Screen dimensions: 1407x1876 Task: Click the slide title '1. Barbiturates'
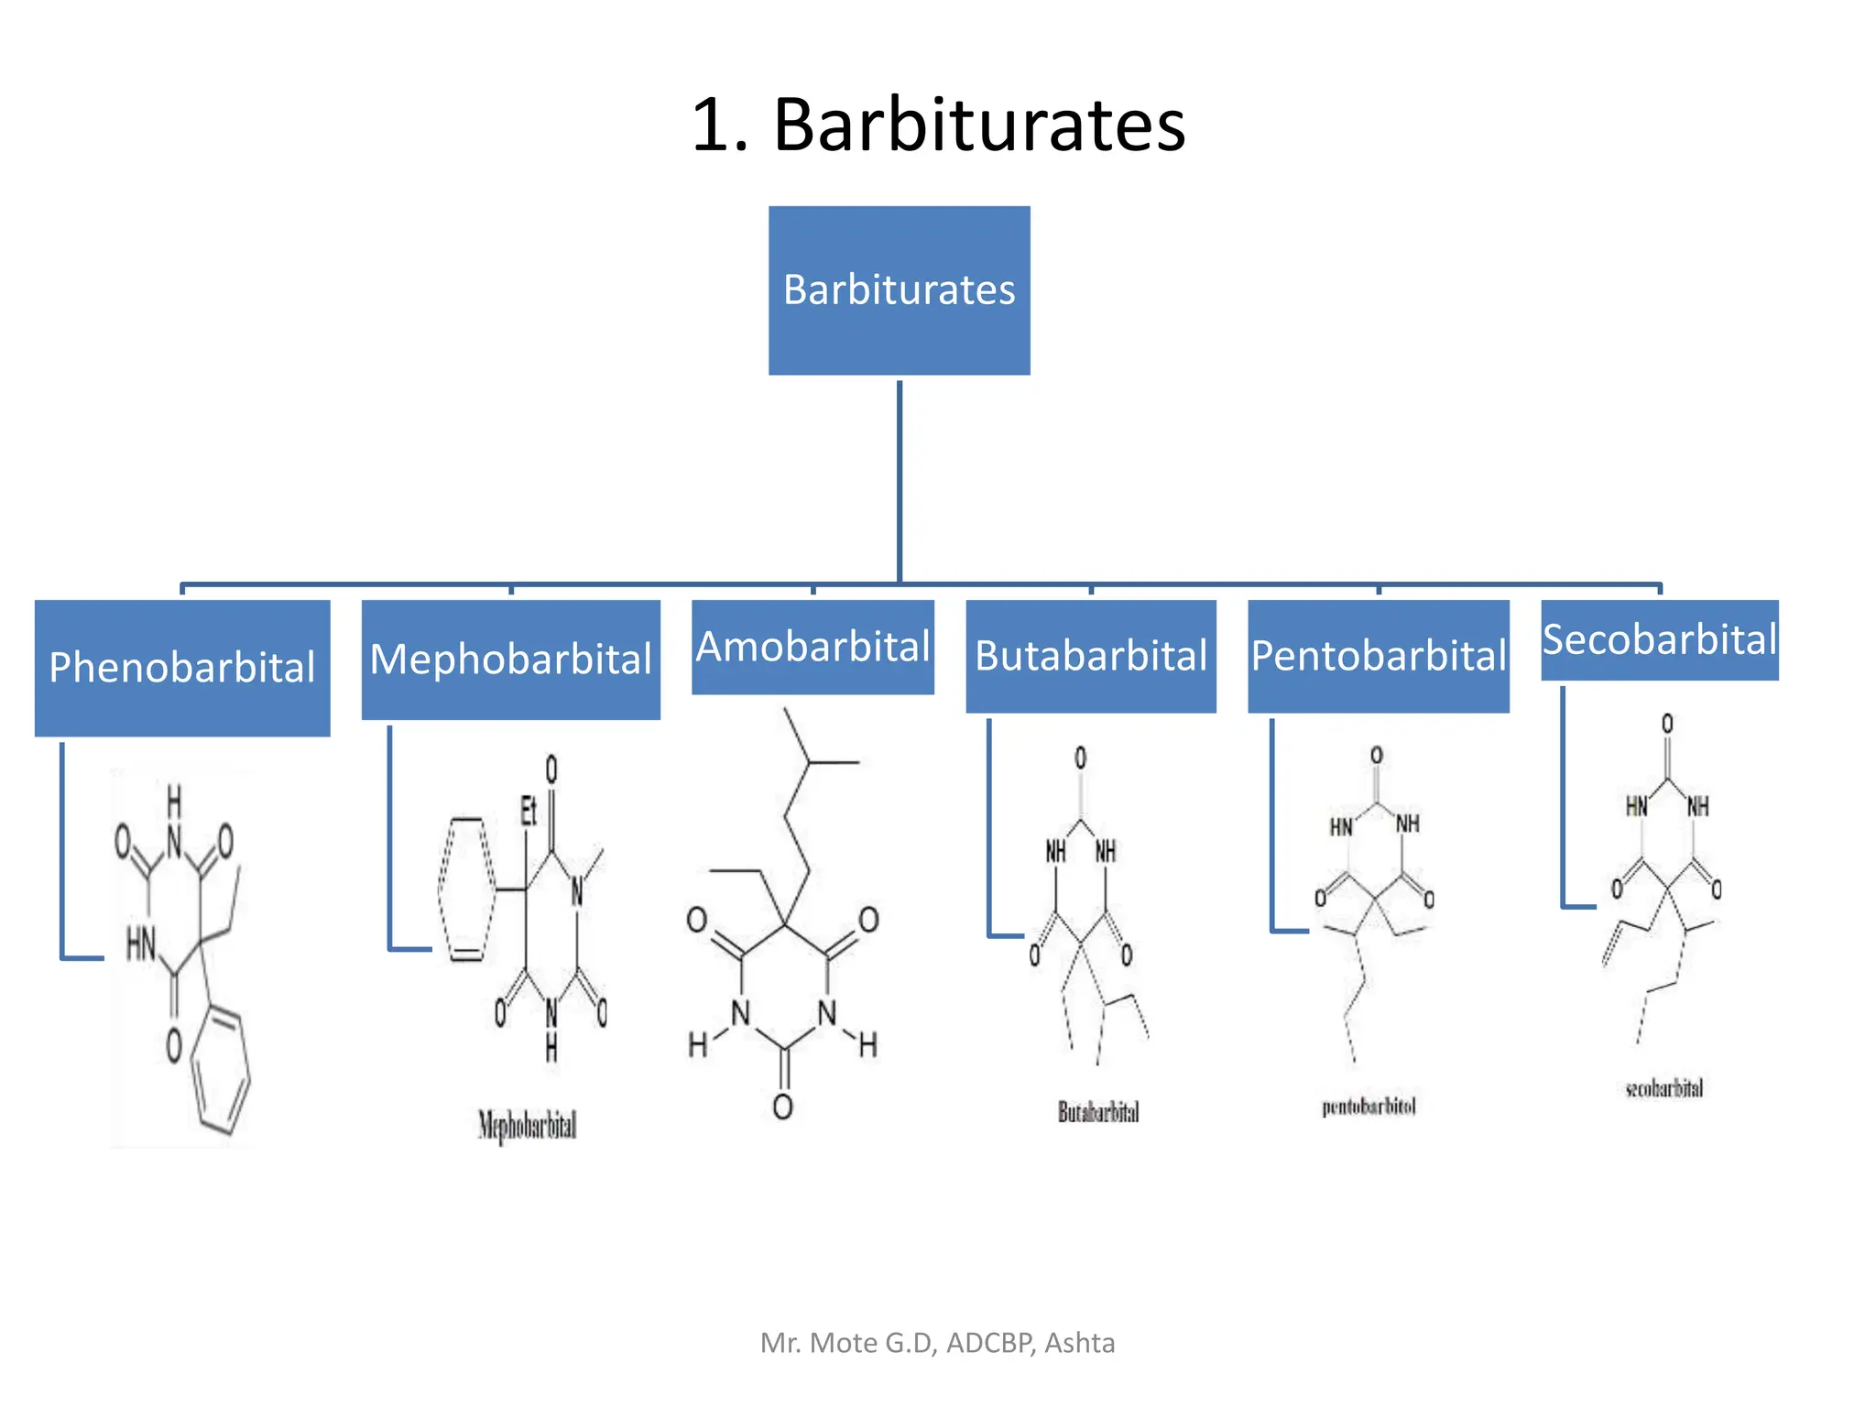pyautogui.click(x=938, y=125)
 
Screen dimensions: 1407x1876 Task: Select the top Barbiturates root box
pyautogui.click(x=899, y=289)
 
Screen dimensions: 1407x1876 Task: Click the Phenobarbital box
pyautogui.click(x=182, y=667)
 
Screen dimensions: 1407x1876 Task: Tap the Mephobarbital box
pyautogui.click(x=510, y=659)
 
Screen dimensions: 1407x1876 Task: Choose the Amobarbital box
pyautogui.click(x=813, y=647)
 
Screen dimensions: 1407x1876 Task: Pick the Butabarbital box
pyautogui.click(x=1090, y=656)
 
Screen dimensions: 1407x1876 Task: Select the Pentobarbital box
pyautogui.click(x=1378, y=656)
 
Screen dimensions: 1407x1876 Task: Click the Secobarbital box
pyautogui.click(x=1659, y=639)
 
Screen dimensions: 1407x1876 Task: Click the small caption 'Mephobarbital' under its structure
pyautogui.click(x=527, y=1125)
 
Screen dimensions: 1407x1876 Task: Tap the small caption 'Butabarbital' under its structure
pyautogui.click(x=1098, y=1112)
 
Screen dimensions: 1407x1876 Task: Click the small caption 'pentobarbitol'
pyautogui.click(x=1369, y=1107)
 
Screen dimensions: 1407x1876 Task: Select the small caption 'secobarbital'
pyautogui.click(x=1663, y=1088)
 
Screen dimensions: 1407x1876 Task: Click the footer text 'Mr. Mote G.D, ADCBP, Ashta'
pyautogui.click(x=937, y=1343)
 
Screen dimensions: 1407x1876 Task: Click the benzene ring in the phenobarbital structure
pyautogui.click(x=221, y=1069)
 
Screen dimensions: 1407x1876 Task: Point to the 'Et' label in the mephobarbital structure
pyautogui.click(x=529, y=810)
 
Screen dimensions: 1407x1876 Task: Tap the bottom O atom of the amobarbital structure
pyautogui.click(x=782, y=1107)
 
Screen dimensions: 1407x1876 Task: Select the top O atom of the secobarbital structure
pyautogui.click(x=1667, y=724)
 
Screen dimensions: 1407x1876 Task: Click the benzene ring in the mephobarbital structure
pyautogui.click(x=467, y=889)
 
